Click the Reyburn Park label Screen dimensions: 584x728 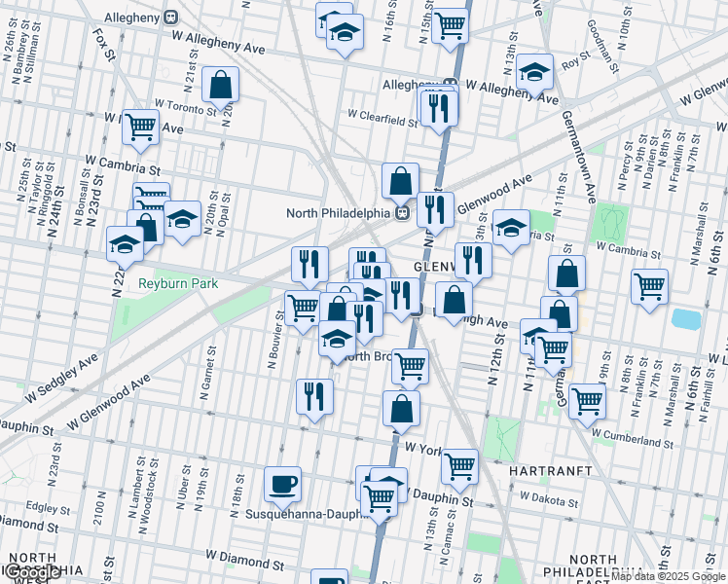(x=177, y=283)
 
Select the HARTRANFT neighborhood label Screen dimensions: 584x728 (x=551, y=470)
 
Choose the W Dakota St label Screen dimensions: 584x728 (x=549, y=497)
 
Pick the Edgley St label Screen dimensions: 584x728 (x=43, y=507)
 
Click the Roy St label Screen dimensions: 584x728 (x=571, y=62)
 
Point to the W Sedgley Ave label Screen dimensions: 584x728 (x=61, y=379)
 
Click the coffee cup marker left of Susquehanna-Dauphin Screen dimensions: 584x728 (x=283, y=483)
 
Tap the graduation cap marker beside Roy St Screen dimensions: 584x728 (x=534, y=74)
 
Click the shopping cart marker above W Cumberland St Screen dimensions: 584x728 (x=587, y=400)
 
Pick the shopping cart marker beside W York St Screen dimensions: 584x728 (x=459, y=465)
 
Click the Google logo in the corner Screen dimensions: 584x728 (x=32, y=573)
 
